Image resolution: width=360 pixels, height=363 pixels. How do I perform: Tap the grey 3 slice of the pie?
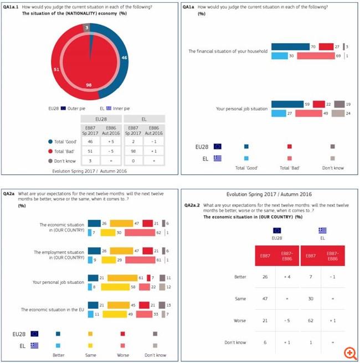point(86,27)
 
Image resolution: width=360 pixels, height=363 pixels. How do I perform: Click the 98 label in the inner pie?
point(88,85)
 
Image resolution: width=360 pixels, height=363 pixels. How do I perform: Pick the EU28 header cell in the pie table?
point(101,119)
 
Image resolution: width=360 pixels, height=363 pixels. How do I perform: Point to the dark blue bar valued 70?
point(290,48)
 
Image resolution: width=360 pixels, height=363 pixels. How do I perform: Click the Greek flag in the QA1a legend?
point(217,158)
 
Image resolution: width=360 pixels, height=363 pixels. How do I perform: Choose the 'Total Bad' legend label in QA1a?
point(290,168)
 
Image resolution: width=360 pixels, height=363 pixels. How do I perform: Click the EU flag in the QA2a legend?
point(34,334)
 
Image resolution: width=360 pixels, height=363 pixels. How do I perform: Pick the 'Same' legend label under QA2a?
point(91,354)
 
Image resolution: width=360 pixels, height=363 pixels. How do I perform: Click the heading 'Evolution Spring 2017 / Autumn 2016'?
point(269,195)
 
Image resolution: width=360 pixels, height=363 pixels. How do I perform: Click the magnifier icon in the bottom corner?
point(349,352)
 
